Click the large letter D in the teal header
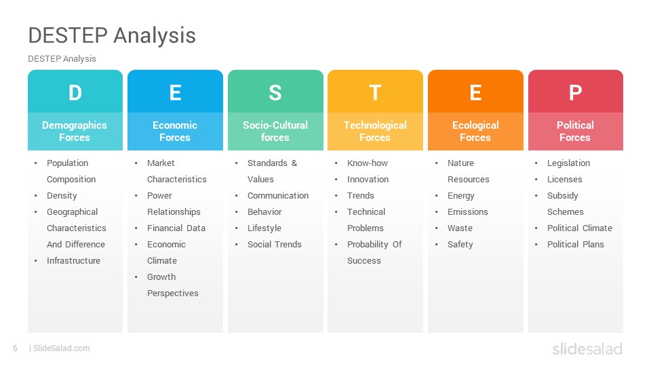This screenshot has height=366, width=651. pyautogui.click(x=75, y=93)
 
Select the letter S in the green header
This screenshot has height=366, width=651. pyautogui.click(x=275, y=93)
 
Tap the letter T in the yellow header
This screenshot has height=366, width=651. pyautogui.click(x=375, y=93)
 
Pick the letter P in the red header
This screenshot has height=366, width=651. pyautogui.click(x=576, y=93)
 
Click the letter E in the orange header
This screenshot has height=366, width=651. pyautogui.click(x=475, y=93)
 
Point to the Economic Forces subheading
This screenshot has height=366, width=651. pyautogui.click(x=175, y=131)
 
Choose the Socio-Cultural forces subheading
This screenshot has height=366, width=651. pyautogui.click(x=275, y=131)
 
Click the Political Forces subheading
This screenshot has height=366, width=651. pyautogui.click(x=575, y=131)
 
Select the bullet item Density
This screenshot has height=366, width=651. pyautogui.click(x=62, y=196)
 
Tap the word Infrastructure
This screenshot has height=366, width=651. pyautogui.click(x=73, y=260)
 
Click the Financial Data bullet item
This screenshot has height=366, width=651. pyautogui.click(x=176, y=228)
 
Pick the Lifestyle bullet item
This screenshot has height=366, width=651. pyautogui.click(x=264, y=228)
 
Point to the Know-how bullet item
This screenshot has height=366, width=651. pyautogui.click(x=368, y=163)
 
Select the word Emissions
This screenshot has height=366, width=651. pyautogui.click(x=467, y=212)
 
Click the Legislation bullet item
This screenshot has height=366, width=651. pyautogui.click(x=568, y=163)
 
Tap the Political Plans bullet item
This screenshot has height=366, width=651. pyautogui.click(x=576, y=245)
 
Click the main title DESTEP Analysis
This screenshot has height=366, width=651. pyautogui.click(x=112, y=35)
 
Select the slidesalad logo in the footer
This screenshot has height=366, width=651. pyautogui.click(x=587, y=348)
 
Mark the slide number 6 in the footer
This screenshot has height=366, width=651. pyautogui.click(x=16, y=348)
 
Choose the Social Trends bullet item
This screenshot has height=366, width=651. pyautogui.click(x=275, y=245)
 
